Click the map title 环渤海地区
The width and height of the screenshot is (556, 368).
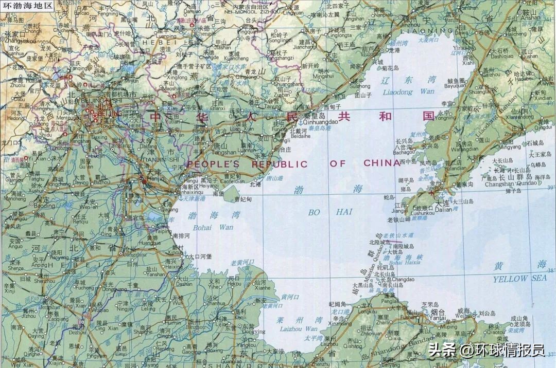[x=28, y=6]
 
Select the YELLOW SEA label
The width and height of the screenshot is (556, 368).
[x=520, y=279]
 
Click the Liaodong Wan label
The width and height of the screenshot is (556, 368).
[x=409, y=92]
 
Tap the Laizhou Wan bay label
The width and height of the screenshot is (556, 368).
[x=297, y=328]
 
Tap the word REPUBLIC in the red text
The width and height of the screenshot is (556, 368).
[x=279, y=164]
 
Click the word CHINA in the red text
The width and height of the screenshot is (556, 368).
[x=381, y=163]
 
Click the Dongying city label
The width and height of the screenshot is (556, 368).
[x=253, y=332]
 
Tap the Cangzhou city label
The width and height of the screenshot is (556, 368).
[x=135, y=254]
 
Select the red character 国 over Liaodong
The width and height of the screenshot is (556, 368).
[x=428, y=116]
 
